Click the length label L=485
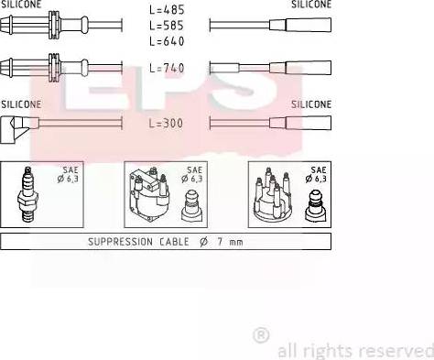(x=167, y=10)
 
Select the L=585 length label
(x=167, y=26)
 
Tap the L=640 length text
(x=167, y=41)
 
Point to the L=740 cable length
(x=167, y=68)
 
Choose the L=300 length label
(x=166, y=123)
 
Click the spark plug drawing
(x=27, y=194)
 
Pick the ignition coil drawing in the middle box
(x=149, y=194)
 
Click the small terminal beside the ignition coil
(x=191, y=205)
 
